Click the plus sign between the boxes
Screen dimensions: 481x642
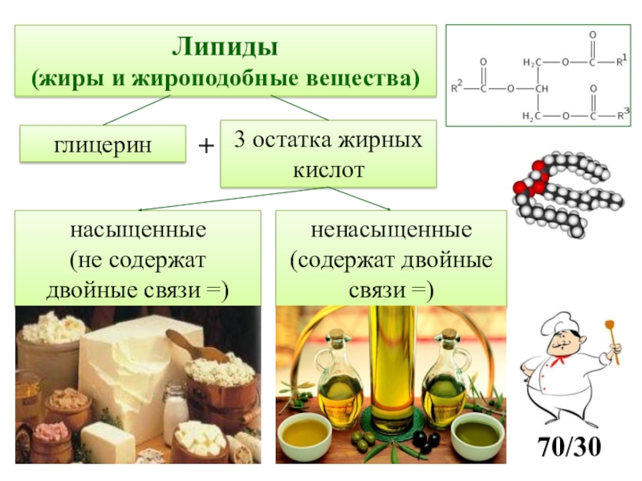pos(206,147)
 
